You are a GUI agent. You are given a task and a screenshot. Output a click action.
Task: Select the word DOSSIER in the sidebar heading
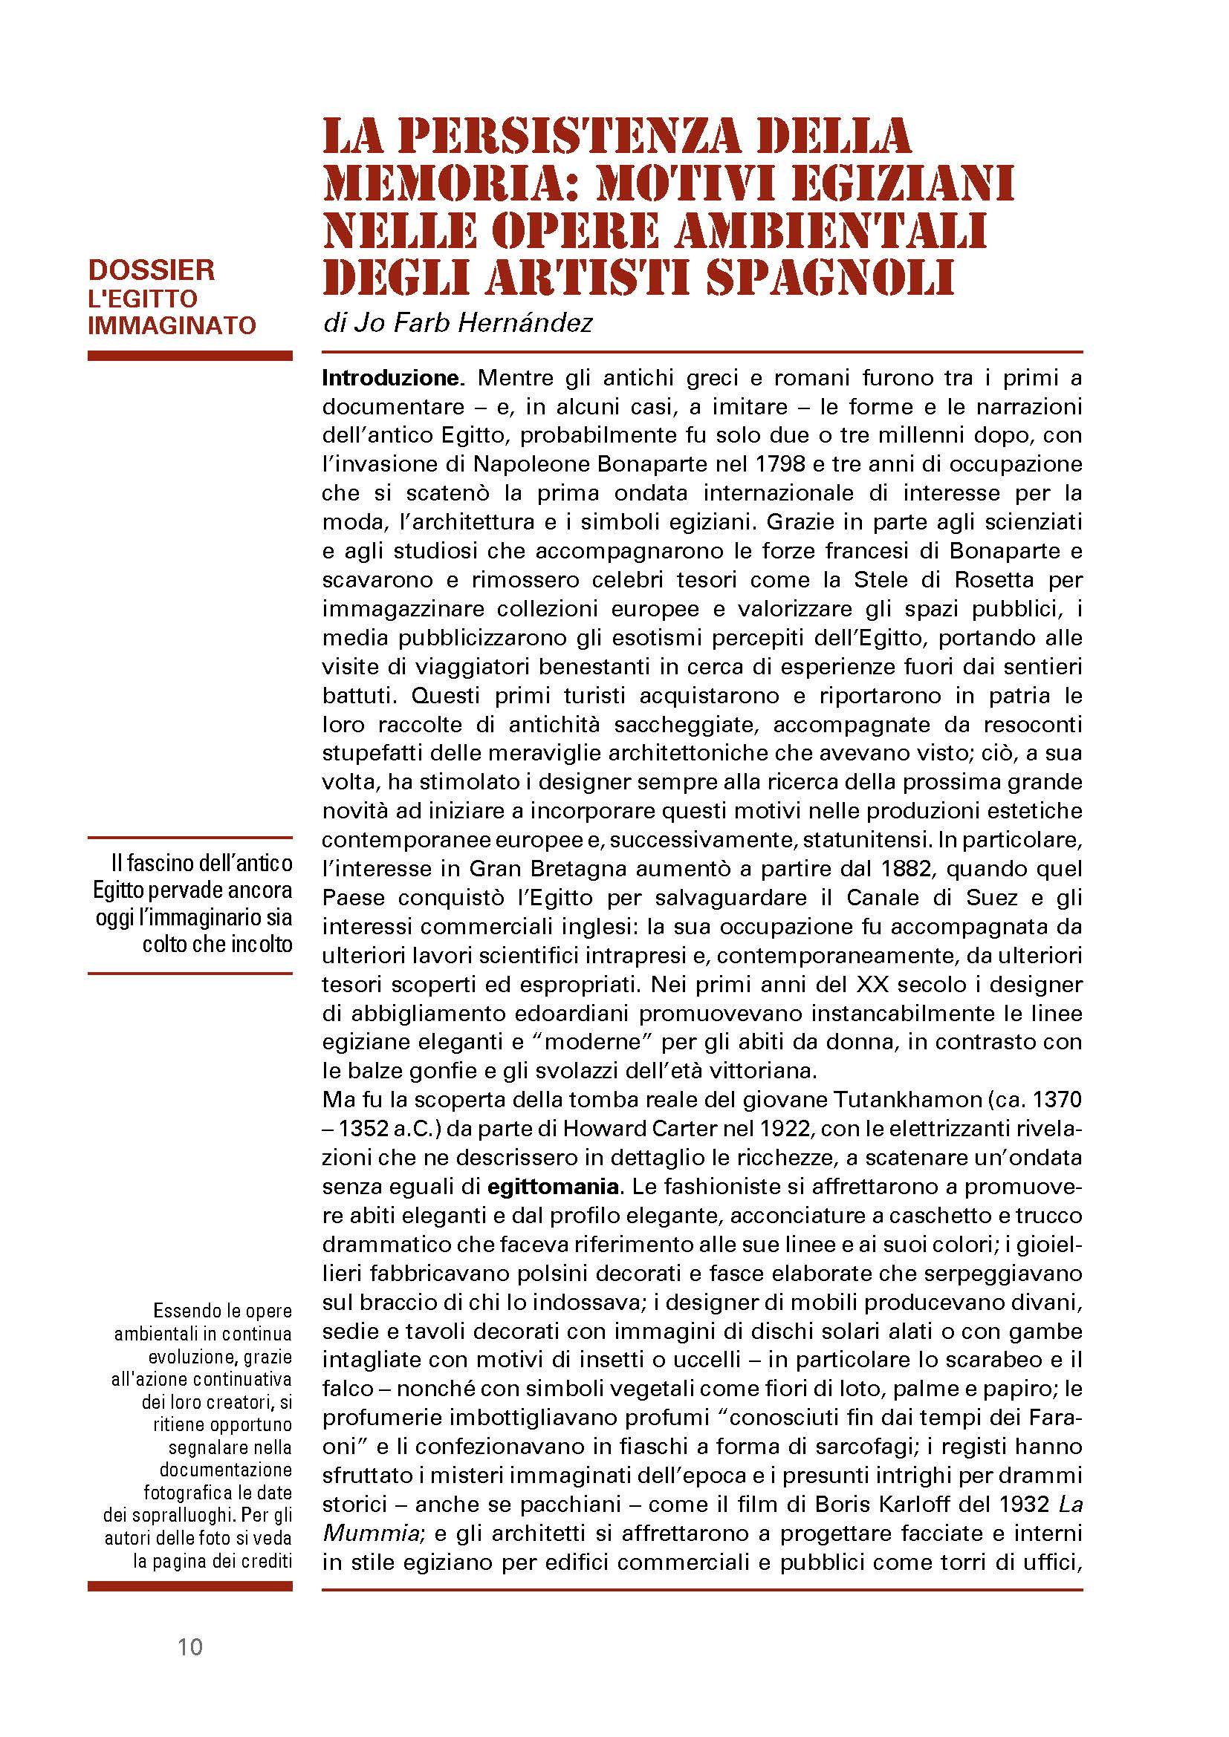tap(152, 270)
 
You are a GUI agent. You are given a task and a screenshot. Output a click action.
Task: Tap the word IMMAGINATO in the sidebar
tap(172, 325)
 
